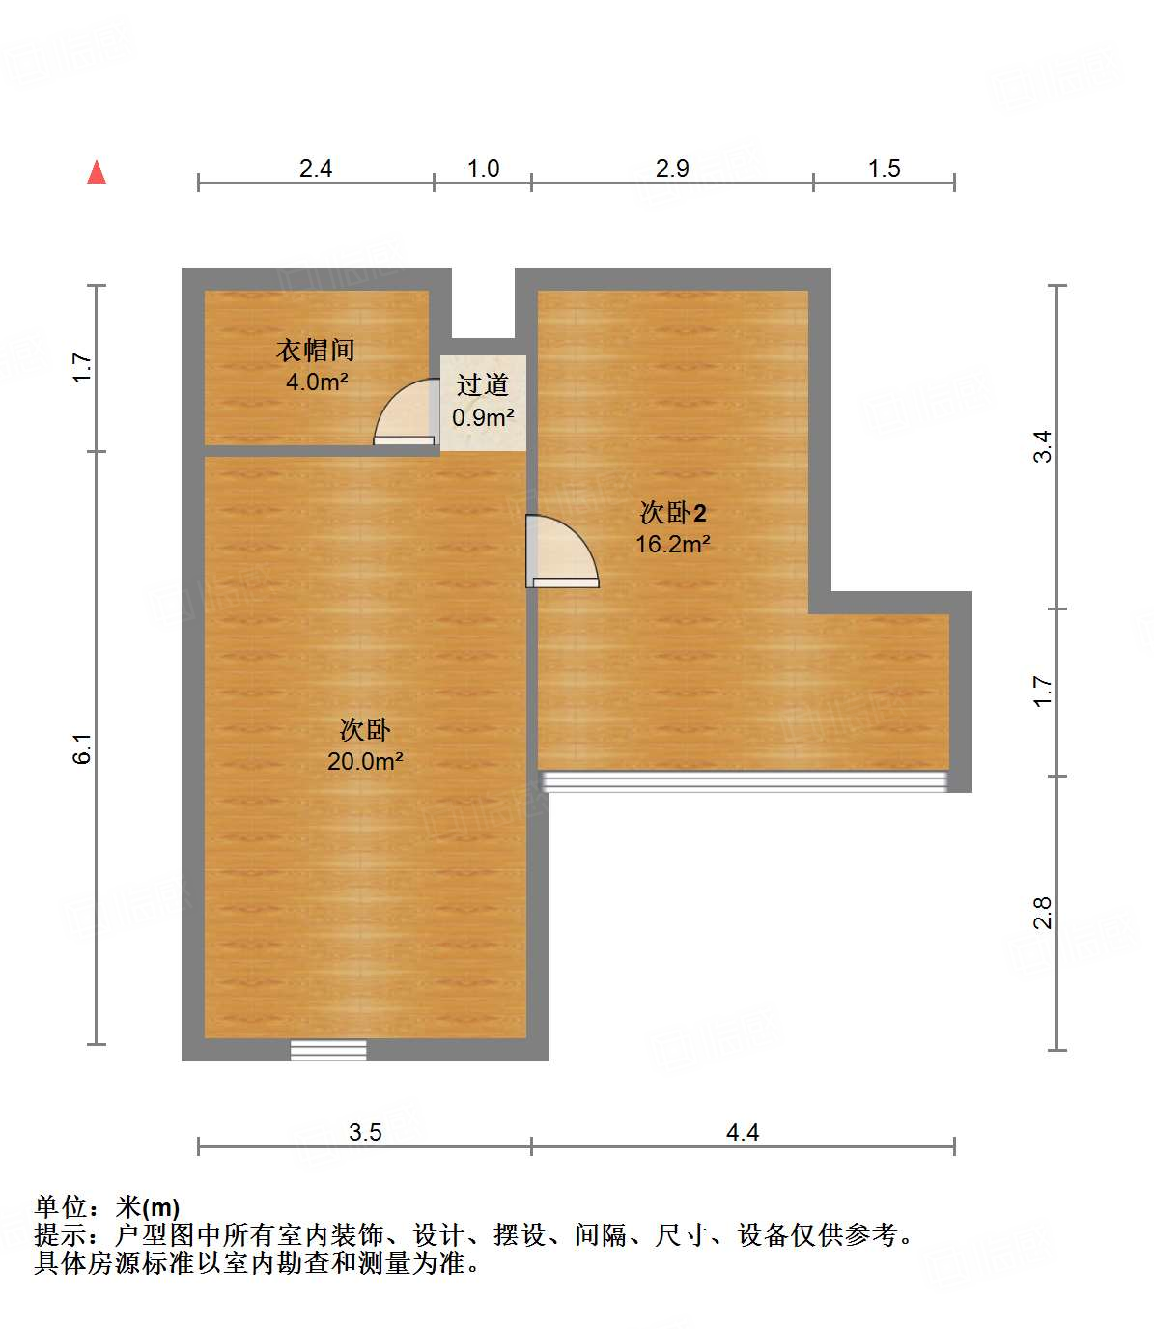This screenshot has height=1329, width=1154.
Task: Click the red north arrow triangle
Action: [97, 173]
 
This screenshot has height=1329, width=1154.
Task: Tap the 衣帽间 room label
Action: [316, 350]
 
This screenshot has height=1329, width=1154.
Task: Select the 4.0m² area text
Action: [316, 382]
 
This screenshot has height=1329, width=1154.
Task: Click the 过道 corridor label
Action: [483, 385]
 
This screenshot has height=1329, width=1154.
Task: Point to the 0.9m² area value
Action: [483, 417]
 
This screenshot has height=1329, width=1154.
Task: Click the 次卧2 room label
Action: [673, 513]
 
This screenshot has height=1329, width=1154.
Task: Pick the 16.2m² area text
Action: [673, 544]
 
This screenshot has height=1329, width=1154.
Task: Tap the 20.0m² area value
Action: [365, 761]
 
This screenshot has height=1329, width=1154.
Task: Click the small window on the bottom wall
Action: [328, 1050]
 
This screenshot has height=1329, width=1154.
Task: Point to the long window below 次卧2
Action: [744, 781]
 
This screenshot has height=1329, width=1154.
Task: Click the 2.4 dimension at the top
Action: [316, 169]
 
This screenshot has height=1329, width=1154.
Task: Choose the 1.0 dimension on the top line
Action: [483, 169]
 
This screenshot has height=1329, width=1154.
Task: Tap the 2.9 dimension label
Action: [672, 169]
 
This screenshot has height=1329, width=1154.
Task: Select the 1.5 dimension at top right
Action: [884, 169]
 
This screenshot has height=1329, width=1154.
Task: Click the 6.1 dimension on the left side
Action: [83, 749]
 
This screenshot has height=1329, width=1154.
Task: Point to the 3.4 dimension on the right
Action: [1043, 446]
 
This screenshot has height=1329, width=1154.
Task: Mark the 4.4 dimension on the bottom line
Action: [743, 1132]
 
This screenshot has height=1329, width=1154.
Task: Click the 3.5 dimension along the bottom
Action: [365, 1132]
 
